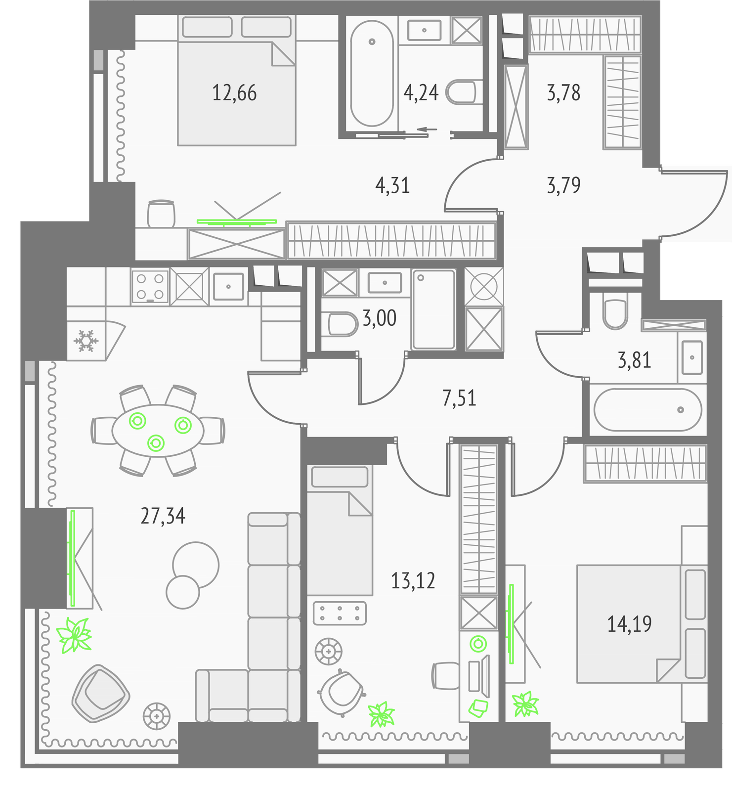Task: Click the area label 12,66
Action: [x=234, y=93]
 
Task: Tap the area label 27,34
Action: [x=163, y=516]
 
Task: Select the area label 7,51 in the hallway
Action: [x=459, y=398]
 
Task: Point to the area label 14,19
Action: [x=629, y=624]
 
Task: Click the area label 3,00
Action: [x=380, y=318]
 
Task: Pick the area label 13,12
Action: [x=413, y=581]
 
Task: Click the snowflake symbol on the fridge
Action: [x=86, y=341]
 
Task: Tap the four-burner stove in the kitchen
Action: [x=150, y=286]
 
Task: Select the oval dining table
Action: [x=158, y=431]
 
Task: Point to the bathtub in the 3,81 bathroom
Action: [x=647, y=410]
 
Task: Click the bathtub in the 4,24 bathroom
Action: [x=372, y=73]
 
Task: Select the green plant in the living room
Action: [x=74, y=635]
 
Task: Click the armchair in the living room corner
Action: [x=100, y=693]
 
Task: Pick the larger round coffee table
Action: [x=196, y=565]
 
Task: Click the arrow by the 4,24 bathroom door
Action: [x=427, y=130]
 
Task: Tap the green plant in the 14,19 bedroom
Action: [x=525, y=703]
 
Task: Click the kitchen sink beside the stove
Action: [x=228, y=286]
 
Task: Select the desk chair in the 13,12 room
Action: [x=446, y=676]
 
